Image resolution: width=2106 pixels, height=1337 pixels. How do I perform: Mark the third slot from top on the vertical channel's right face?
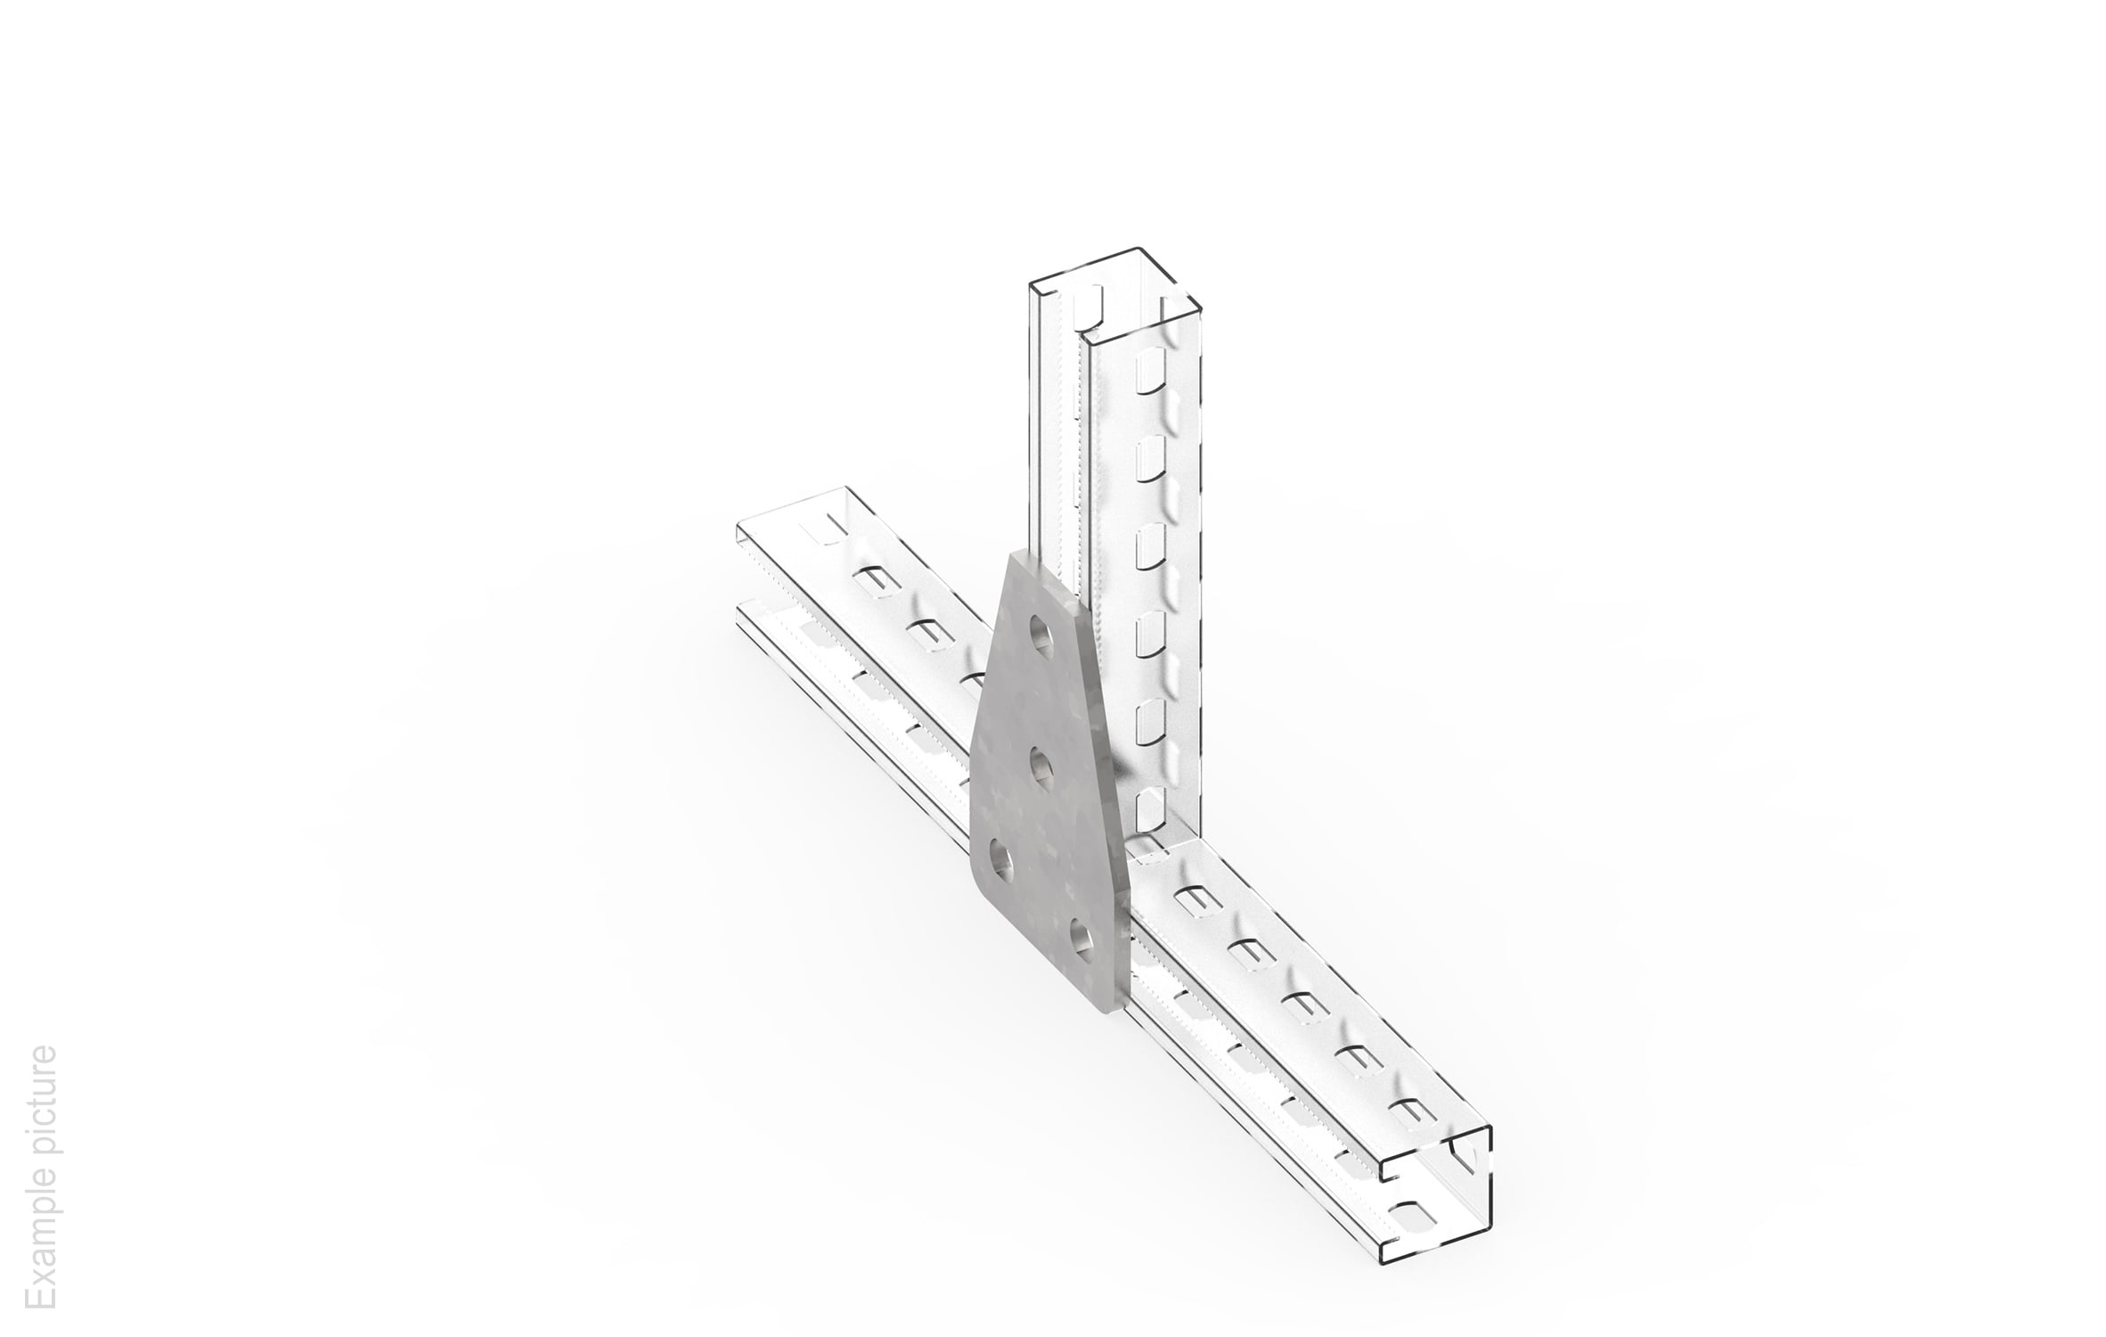1150,545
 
